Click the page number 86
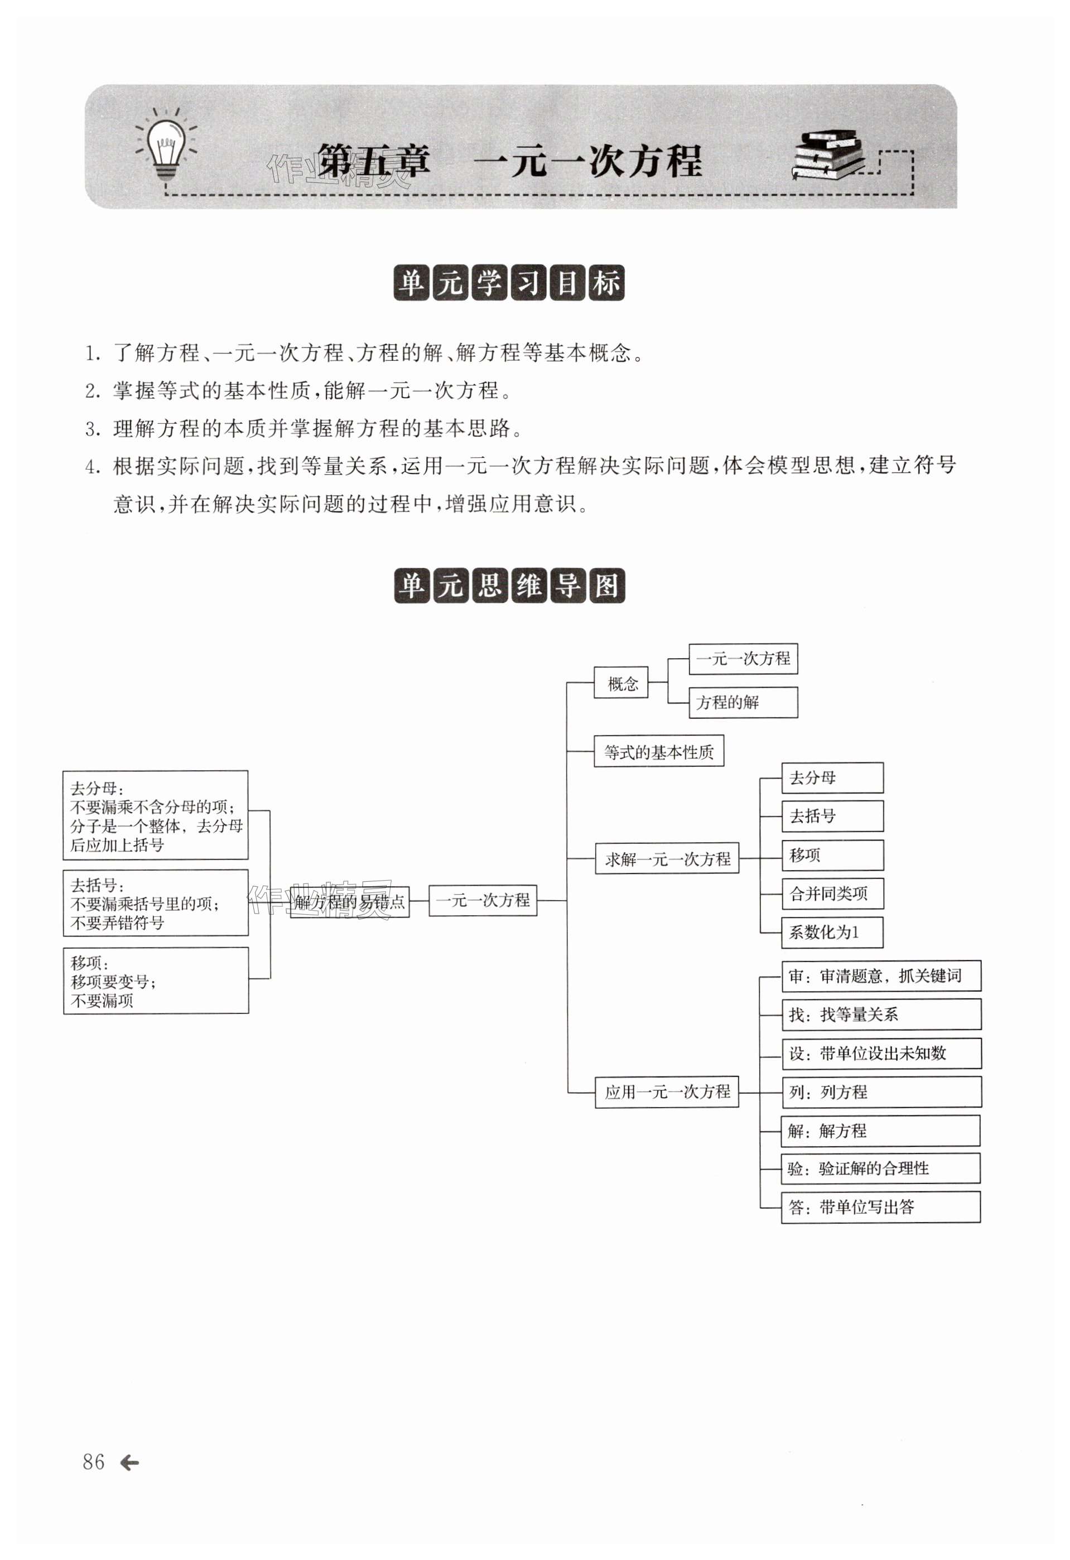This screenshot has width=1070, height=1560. coord(93,1461)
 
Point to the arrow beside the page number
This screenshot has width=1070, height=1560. coord(129,1462)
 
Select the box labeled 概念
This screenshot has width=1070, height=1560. coord(621,683)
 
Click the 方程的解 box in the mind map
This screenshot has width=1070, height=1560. coord(743,702)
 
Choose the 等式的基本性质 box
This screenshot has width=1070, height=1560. coord(658,752)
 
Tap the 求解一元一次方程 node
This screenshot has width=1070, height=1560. coord(667,858)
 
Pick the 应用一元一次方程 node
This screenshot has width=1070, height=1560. coord(667,1091)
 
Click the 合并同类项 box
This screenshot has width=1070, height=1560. coord(832,894)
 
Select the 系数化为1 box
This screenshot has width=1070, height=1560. coord(832,931)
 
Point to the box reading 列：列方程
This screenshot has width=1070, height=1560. coord(881,1091)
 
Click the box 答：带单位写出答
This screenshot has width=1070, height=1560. coord(880,1207)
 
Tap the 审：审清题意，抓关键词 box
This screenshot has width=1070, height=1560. coord(881,976)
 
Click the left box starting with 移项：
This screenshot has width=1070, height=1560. coord(156,980)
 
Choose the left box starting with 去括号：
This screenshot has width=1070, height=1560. coord(156,903)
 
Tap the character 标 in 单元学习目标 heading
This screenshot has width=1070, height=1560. coord(607,283)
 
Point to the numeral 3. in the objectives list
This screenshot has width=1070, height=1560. coord(93,429)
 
